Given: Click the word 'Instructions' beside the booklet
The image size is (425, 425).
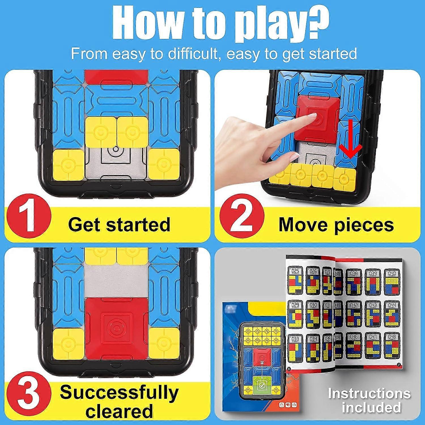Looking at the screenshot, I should tap(369, 394).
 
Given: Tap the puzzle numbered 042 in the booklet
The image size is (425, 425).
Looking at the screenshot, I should tap(353, 314).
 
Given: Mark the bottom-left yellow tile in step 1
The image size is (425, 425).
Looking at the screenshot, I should tap(68, 164).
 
